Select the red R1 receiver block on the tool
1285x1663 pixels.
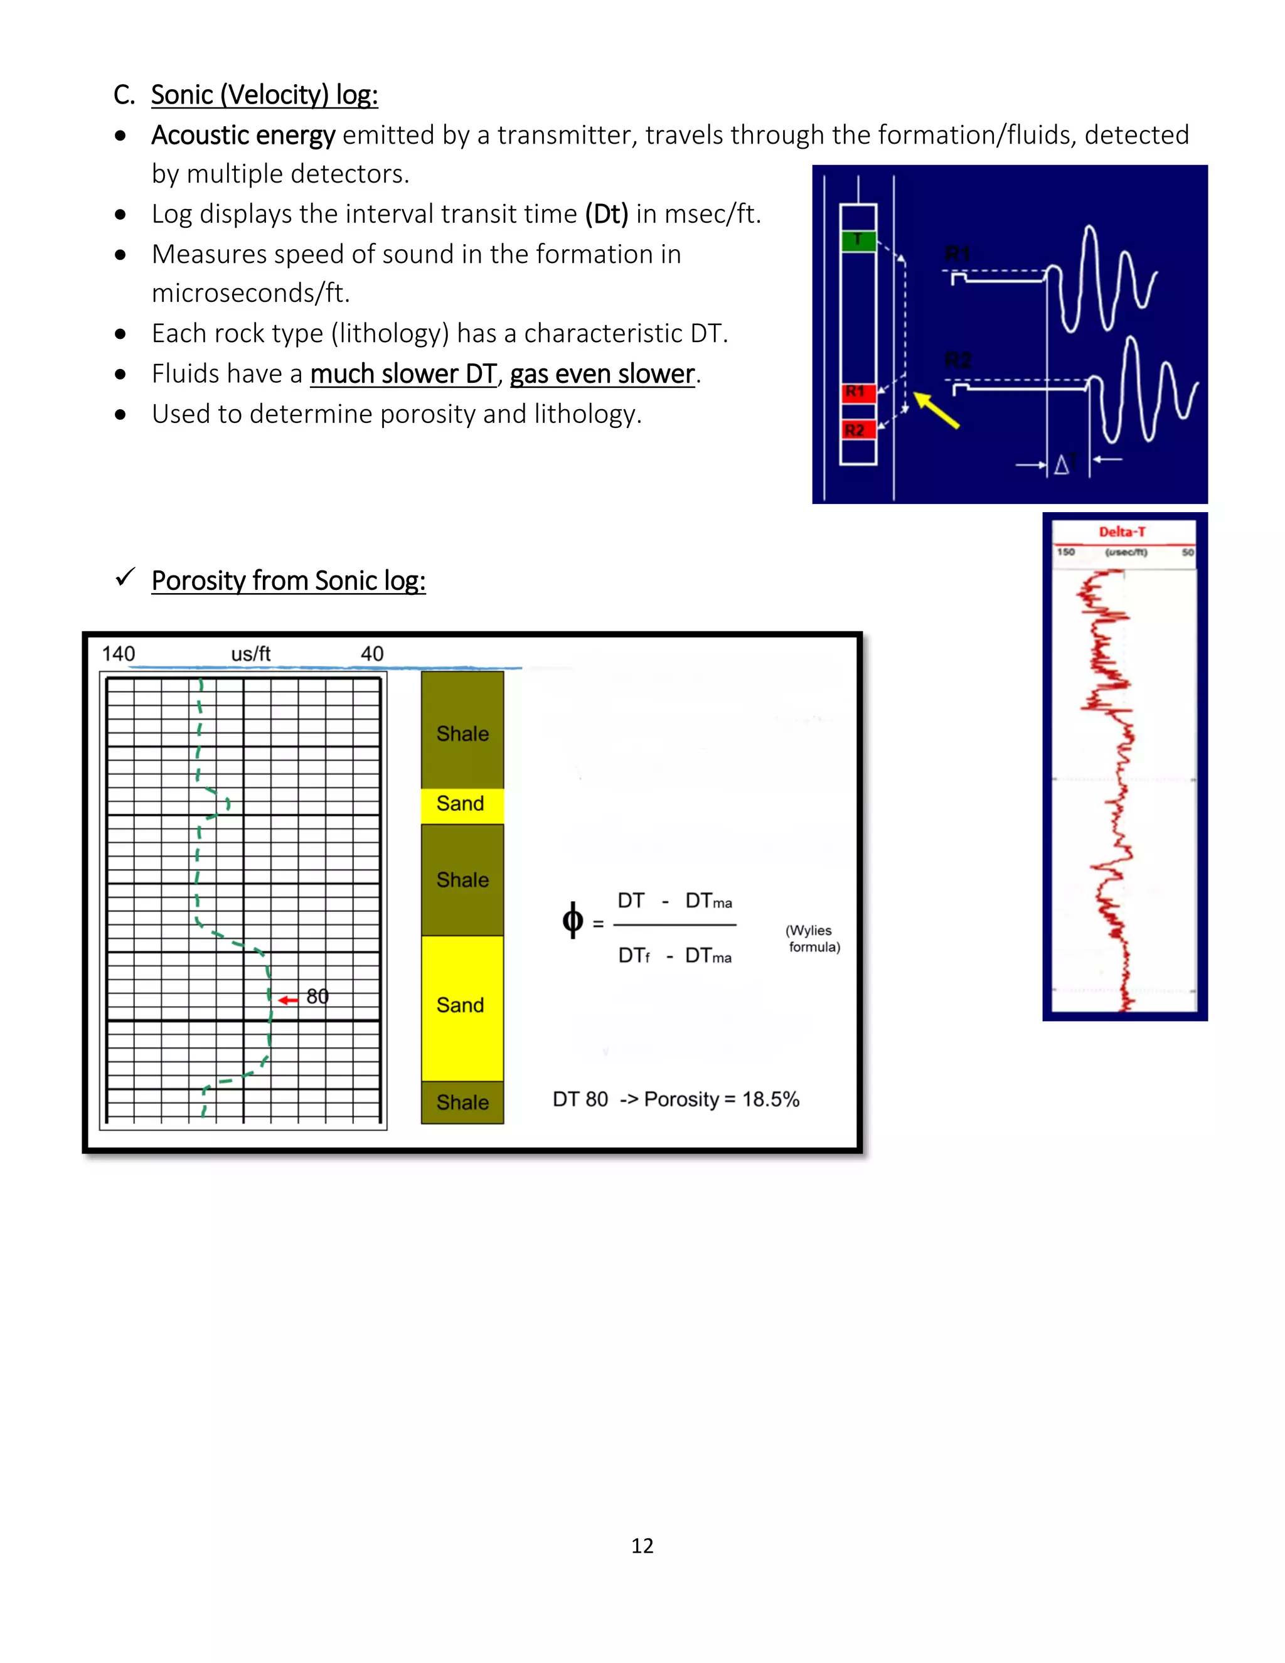click(x=857, y=392)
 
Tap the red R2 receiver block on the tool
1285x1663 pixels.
click(x=857, y=430)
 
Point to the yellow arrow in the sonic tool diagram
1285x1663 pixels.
click(x=936, y=410)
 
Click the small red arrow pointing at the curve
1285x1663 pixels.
click(x=288, y=1000)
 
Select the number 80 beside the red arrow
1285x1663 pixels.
click(x=317, y=996)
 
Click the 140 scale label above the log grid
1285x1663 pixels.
click(x=118, y=654)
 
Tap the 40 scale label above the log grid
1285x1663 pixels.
click(x=371, y=654)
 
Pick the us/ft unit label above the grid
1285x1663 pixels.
click(x=250, y=654)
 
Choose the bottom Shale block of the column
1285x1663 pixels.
click(x=462, y=1102)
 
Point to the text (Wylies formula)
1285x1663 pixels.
click(x=813, y=939)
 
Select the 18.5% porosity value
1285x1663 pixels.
click(x=770, y=1099)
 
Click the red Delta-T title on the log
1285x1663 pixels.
click(x=1121, y=532)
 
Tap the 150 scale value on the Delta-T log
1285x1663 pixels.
click(x=1066, y=552)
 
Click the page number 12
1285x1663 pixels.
click(x=642, y=1545)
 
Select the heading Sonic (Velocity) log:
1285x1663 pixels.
click(x=264, y=95)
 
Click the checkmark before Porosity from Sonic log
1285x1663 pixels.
click(x=125, y=578)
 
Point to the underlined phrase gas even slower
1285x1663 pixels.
click(x=602, y=374)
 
